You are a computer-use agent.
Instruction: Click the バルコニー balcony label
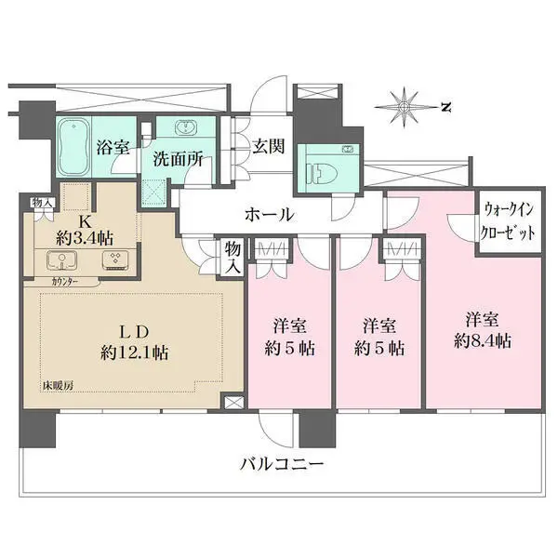pos(282,464)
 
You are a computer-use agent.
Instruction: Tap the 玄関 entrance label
pos(269,146)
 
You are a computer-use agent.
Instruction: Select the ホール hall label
pos(270,215)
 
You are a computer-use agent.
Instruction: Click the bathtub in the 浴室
pos(73,147)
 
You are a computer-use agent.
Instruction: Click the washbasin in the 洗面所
pos(185,127)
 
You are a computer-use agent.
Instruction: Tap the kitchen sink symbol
pos(62,260)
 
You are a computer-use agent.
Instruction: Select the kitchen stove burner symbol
pos(115,259)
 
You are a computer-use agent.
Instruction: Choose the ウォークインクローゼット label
pos(508,221)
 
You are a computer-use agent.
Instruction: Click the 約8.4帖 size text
pos(482,341)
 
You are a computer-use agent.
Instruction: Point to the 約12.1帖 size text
pos(135,352)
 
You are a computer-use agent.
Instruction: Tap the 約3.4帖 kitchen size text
pos(85,238)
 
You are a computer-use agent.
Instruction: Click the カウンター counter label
pos(65,282)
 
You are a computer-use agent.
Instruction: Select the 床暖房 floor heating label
pos(59,385)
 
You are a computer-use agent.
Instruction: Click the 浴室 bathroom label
pos(113,147)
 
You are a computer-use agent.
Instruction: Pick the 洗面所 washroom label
pos(178,159)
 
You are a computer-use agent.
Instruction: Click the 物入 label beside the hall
pos(233,258)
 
